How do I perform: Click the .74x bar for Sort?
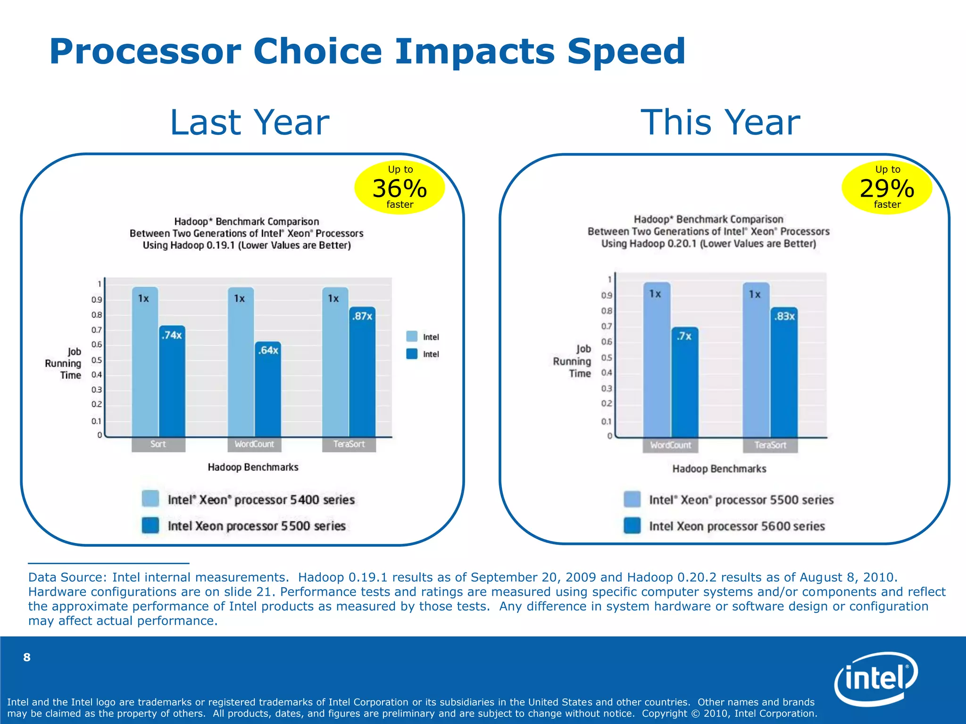coord(172,382)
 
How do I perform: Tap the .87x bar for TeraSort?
coord(362,372)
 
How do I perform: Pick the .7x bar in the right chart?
coord(684,382)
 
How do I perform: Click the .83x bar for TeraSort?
coord(784,372)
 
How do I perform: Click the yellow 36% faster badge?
coord(400,188)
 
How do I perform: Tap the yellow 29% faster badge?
coord(887,188)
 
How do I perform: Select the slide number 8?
coord(27,657)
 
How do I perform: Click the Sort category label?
coord(158,444)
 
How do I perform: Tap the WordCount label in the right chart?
coord(670,445)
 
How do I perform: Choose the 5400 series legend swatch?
coord(150,499)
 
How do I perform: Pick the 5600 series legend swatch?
coord(632,526)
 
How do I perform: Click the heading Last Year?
coord(249,123)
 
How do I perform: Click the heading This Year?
coord(720,123)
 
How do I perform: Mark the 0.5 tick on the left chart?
coord(97,360)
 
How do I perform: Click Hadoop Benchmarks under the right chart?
coord(719,469)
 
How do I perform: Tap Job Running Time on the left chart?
coord(63,363)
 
